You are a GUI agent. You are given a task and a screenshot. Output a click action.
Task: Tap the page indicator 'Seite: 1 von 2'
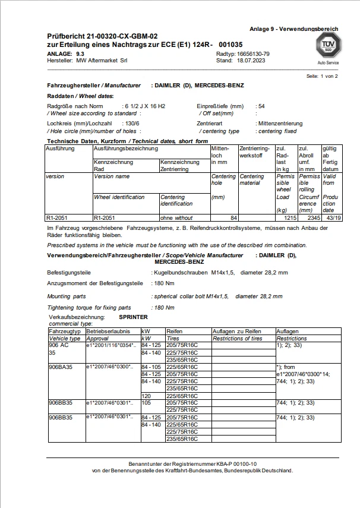coord(322,77)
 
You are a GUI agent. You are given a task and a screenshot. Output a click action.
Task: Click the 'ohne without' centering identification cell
coord(177,218)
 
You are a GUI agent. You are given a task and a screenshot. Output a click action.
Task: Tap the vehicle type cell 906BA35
coord(60,367)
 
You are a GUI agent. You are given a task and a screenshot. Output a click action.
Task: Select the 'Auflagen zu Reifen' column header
coord(237,330)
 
